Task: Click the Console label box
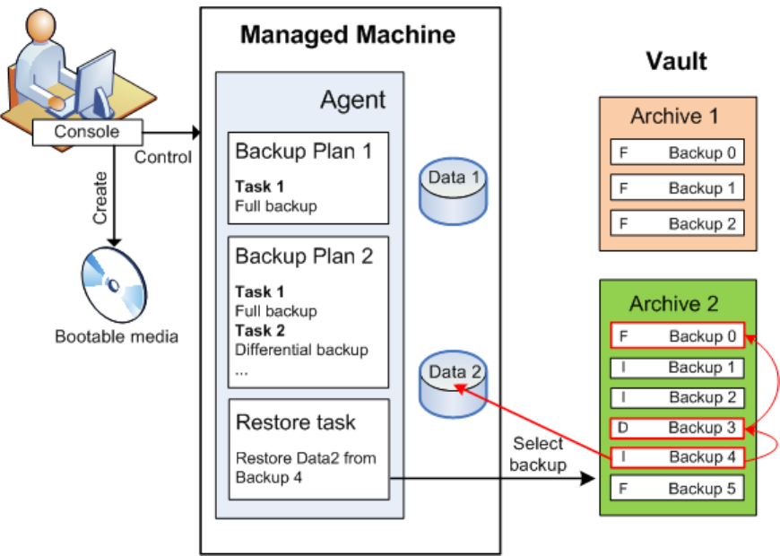[x=87, y=132]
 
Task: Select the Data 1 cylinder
[x=453, y=188]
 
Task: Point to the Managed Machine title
[x=348, y=36]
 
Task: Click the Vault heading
[x=677, y=62]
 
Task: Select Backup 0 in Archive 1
[x=677, y=152]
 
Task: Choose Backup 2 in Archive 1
[x=677, y=223]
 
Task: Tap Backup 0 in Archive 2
[x=677, y=337]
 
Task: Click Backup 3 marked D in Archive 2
[x=677, y=428]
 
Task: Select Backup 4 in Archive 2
[x=677, y=457]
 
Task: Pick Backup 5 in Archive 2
[x=677, y=489]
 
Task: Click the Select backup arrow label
[x=538, y=454]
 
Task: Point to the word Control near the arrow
[x=162, y=158]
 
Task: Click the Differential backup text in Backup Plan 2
[x=301, y=349]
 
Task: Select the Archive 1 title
[x=673, y=116]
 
